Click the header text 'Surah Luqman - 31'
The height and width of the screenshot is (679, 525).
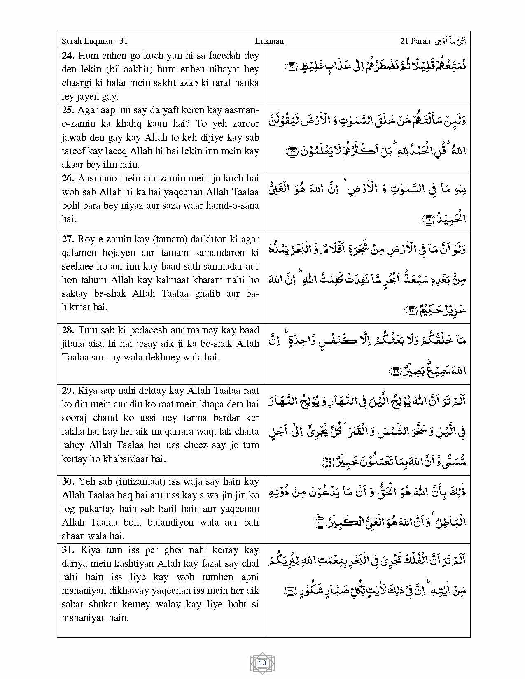[x=95, y=41]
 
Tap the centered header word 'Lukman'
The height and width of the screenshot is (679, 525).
[x=269, y=41]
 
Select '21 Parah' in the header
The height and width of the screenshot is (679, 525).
[x=415, y=41]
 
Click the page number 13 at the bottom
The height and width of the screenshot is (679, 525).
[x=262, y=663]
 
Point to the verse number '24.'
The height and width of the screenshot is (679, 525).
[x=68, y=56]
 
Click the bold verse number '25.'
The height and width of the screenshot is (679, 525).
[x=68, y=110]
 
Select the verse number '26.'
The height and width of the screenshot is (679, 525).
[x=68, y=178]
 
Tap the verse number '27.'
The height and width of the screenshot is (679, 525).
[x=68, y=239]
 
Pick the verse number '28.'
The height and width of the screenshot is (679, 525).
[x=68, y=330]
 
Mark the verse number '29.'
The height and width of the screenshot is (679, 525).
[x=68, y=391]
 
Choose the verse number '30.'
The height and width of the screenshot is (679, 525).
[x=68, y=481]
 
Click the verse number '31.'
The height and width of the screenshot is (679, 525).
[x=68, y=550]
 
